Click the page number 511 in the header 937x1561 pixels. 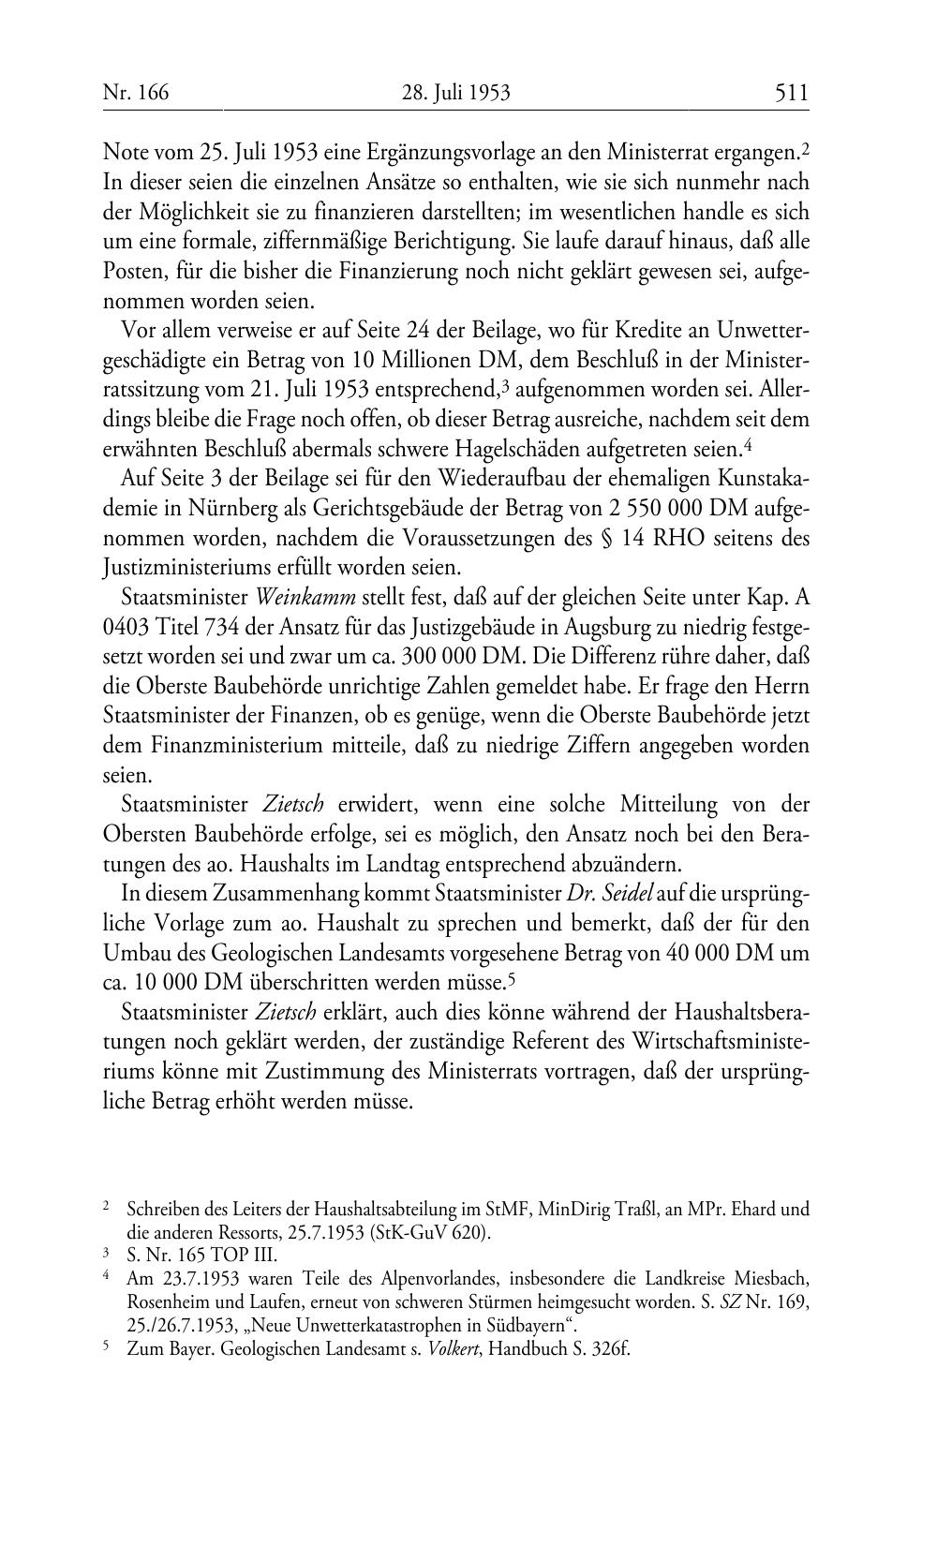[x=791, y=93]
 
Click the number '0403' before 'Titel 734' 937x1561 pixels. [x=127, y=627]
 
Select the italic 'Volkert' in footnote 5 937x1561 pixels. [x=454, y=1351]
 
